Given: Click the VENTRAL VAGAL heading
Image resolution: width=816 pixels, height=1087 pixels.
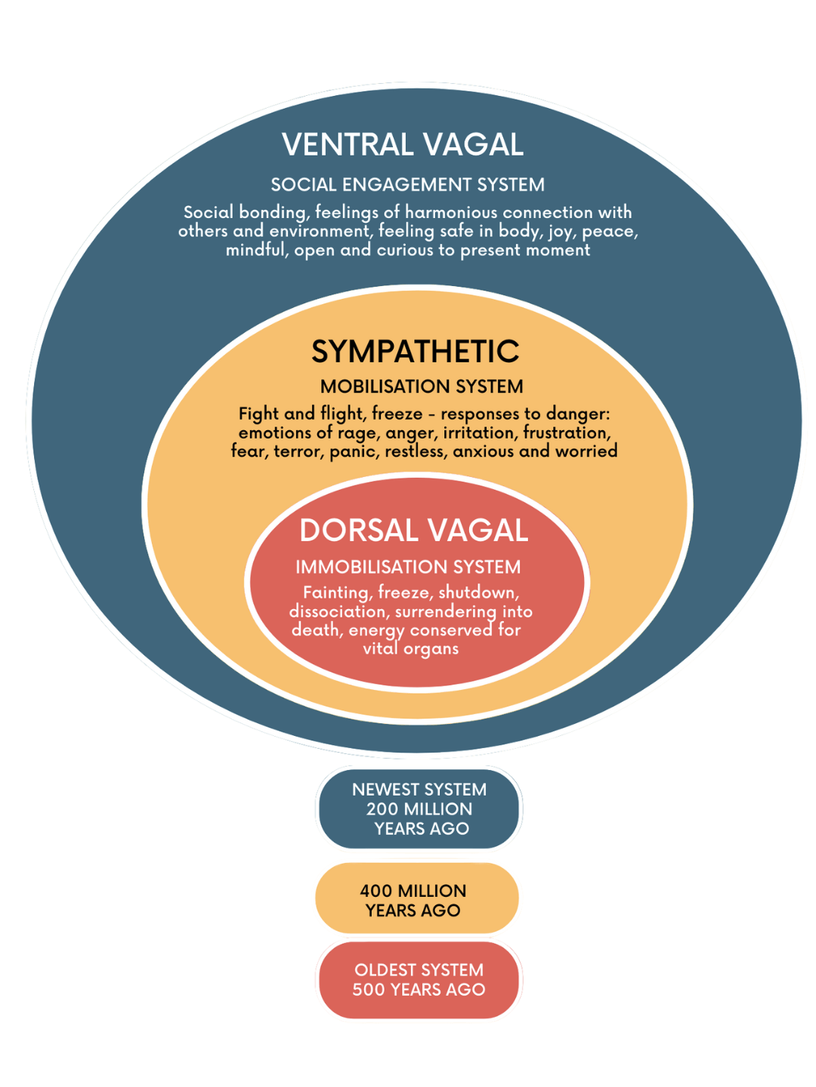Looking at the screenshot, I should (403, 145).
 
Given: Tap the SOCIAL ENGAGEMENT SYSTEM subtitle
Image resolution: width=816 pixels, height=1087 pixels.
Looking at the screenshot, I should (407, 185).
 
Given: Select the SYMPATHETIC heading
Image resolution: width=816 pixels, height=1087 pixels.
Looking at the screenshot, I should (415, 352).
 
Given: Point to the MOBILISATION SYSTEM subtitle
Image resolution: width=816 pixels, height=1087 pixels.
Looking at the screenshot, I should (421, 386).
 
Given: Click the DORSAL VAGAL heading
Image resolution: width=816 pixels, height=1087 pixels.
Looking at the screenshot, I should (413, 531).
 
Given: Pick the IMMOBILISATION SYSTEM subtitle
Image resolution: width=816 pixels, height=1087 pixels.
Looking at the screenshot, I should (407, 567).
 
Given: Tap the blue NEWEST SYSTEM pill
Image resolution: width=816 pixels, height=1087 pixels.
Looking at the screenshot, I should (419, 808).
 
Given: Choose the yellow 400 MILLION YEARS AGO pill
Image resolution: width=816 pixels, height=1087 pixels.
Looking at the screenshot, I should (416, 900).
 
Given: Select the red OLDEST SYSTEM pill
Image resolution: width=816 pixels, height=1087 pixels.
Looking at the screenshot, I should (419, 980).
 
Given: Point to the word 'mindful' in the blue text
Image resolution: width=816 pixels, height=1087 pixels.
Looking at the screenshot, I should (256, 251).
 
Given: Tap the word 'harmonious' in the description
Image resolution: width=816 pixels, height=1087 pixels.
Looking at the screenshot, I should (451, 213).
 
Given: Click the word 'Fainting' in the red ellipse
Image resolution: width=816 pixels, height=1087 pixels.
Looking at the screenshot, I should (336, 593).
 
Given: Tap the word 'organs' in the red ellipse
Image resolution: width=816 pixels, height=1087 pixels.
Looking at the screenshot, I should (431, 649).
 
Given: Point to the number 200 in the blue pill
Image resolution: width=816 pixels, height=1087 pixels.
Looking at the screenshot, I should (382, 809).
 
